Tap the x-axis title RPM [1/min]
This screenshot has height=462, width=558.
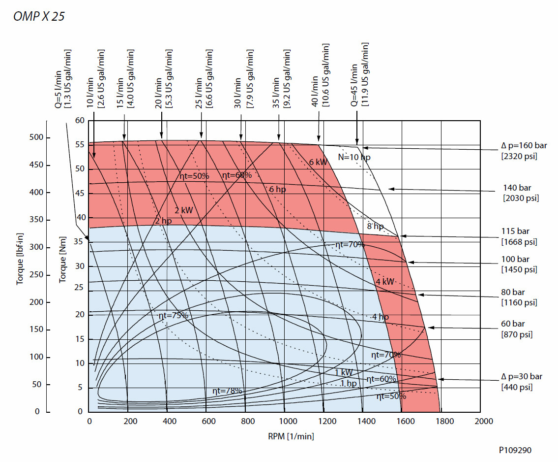(x=291, y=435)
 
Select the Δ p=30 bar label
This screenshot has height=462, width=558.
(x=521, y=377)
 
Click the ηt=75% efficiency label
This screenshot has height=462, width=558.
(x=173, y=315)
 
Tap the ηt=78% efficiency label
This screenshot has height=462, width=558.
(x=227, y=391)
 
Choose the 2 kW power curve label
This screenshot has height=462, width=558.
(x=183, y=210)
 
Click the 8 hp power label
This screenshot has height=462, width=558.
(x=375, y=227)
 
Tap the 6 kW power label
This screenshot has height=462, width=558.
(x=318, y=162)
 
